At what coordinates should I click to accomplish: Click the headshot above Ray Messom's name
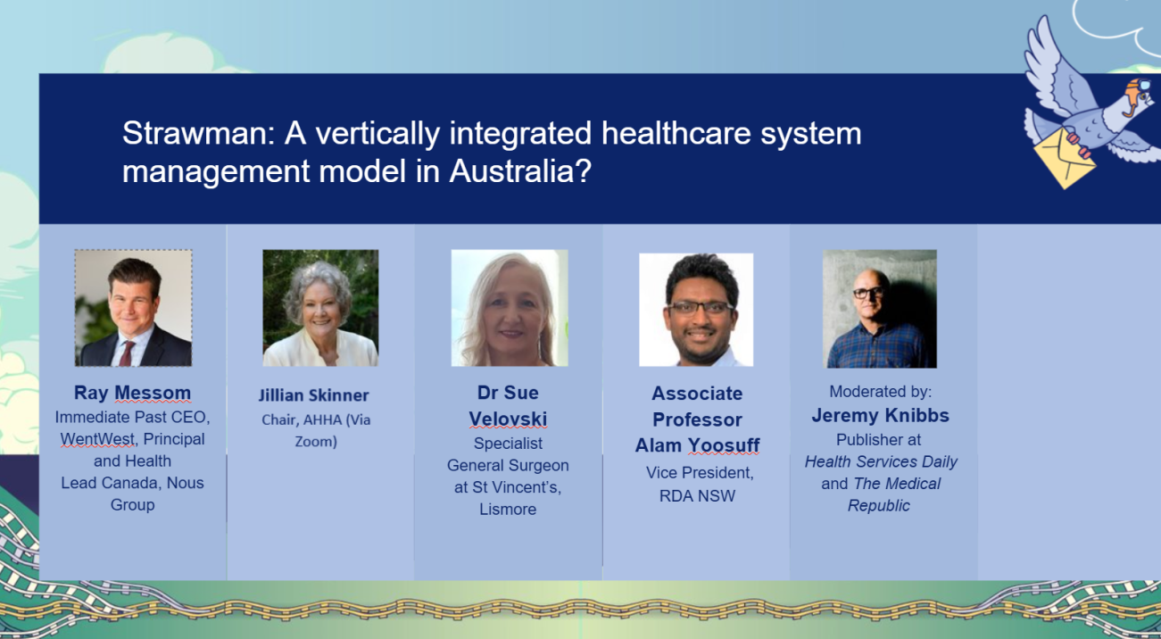click(133, 308)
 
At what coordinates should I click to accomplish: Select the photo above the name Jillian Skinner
click(320, 308)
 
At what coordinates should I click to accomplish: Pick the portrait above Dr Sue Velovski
click(510, 308)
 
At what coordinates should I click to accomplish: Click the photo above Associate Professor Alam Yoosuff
click(696, 310)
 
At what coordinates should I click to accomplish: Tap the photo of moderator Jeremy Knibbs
click(880, 309)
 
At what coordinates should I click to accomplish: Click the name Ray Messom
click(132, 393)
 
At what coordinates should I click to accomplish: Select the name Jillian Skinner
click(313, 395)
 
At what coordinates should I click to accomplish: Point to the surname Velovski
click(508, 419)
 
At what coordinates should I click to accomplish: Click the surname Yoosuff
click(724, 445)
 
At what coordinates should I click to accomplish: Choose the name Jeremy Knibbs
click(880, 415)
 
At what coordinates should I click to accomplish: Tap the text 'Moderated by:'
click(880, 391)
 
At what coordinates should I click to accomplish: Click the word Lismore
click(508, 509)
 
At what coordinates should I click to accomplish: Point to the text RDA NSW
click(697, 496)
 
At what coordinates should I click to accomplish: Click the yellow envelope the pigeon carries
click(1064, 159)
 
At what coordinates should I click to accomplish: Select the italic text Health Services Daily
click(881, 461)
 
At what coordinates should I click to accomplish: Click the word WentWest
click(98, 439)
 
